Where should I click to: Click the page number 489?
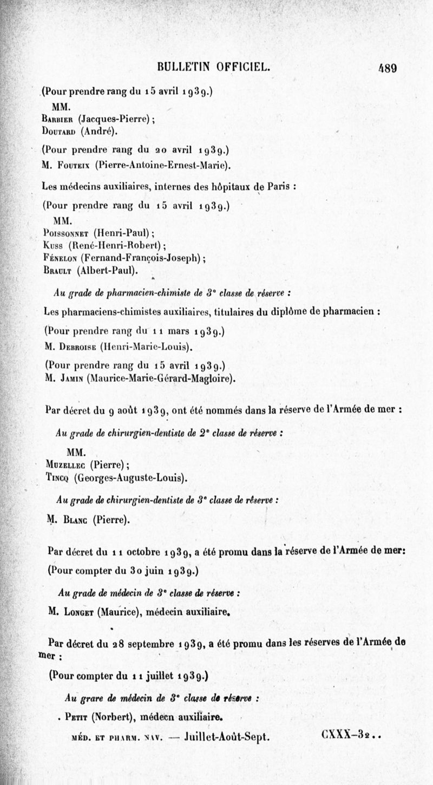click(x=388, y=68)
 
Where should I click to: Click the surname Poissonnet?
click(x=65, y=234)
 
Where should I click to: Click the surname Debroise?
click(x=76, y=345)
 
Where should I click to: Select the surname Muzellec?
click(x=66, y=463)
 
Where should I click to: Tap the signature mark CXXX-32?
click(x=344, y=736)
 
